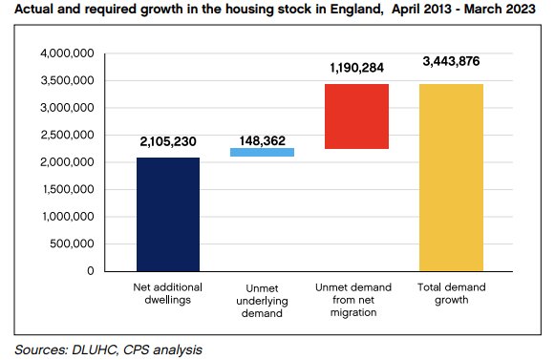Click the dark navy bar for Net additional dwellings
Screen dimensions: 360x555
168,214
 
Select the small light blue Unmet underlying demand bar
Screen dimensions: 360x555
263,152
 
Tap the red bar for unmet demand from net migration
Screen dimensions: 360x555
356,116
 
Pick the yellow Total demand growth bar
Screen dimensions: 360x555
450,177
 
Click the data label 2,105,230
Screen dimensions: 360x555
168,142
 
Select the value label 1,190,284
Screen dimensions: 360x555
356,69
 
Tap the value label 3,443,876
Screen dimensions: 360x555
451,63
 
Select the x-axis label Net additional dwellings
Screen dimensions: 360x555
168,292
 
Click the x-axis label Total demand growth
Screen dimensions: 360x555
450,292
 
